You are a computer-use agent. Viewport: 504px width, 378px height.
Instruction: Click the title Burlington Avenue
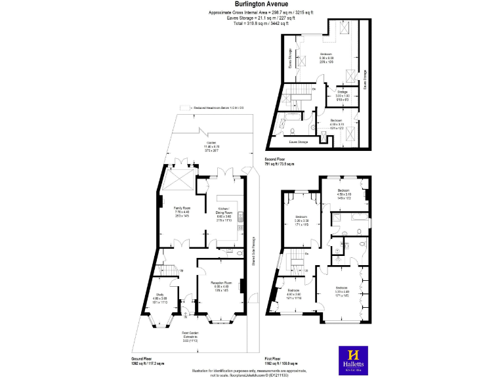click(x=251, y=5)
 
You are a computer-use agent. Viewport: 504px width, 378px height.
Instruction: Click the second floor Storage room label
click(x=342, y=94)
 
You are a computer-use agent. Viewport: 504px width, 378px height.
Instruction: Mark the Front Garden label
click(x=194, y=337)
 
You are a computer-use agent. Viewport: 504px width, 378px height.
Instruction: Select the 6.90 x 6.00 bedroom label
click(x=326, y=56)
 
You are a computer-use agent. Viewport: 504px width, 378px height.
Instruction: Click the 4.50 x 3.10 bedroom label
click(x=345, y=194)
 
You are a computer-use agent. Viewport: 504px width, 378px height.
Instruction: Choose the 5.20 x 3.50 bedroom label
click(x=301, y=219)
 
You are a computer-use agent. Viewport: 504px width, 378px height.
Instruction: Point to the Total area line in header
click(x=251, y=23)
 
